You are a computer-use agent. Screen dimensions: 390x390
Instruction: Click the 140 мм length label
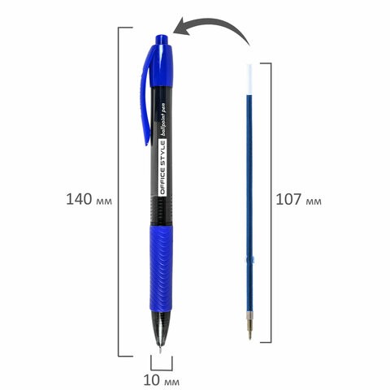click(x=89, y=199)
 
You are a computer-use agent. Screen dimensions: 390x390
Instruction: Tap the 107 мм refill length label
click(x=298, y=199)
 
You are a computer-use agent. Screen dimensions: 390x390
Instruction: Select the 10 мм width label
click(x=161, y=380)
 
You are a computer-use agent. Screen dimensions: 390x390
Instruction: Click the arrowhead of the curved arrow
click(x=181, y=27)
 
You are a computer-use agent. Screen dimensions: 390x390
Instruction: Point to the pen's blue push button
click(x=162, y=40)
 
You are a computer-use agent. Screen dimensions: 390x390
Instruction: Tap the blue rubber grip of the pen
click(x=161, y=268)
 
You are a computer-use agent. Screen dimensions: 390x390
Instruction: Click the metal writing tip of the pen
click(x=160, y=349)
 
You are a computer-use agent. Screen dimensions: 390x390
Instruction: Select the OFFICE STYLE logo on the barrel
click(x=162, y=168)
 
